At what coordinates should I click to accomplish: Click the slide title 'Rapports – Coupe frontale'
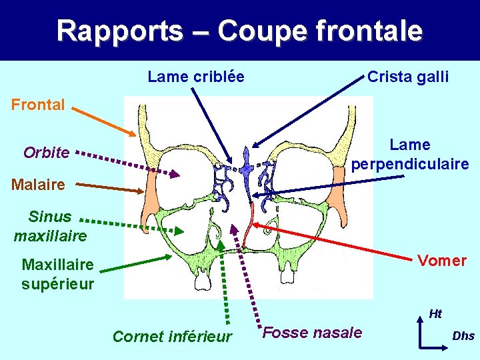239,31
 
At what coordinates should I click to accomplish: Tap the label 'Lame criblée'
195,77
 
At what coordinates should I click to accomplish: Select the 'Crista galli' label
408,77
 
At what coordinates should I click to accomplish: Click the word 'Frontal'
37,105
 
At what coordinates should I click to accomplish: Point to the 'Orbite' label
46,153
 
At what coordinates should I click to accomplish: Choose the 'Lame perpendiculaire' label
410,154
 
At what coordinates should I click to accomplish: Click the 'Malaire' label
38,185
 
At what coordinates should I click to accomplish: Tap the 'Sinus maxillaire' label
50,226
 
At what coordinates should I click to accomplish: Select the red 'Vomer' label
442,261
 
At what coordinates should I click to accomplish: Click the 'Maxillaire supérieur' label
57,274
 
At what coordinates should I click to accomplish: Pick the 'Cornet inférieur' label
172,337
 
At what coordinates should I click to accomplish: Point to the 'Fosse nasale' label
312,333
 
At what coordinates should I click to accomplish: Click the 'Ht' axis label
435,313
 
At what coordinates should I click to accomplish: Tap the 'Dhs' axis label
463,336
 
